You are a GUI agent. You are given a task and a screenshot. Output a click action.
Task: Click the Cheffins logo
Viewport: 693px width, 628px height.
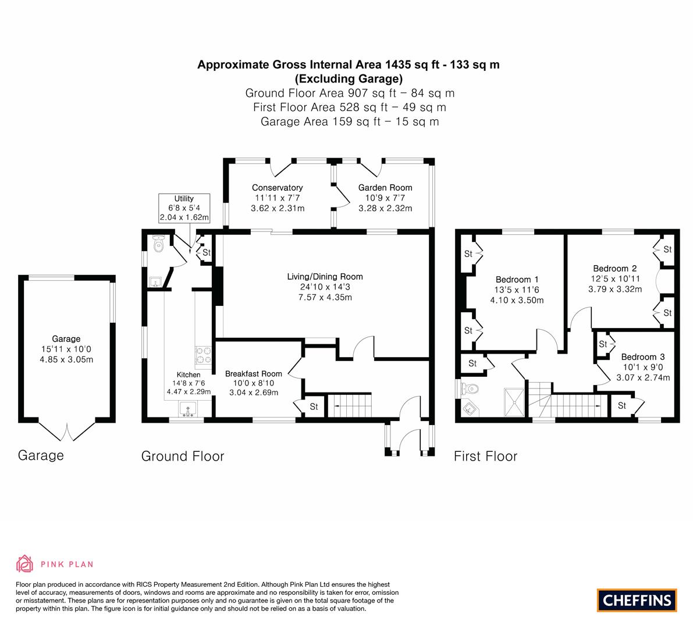(x=637, y=600)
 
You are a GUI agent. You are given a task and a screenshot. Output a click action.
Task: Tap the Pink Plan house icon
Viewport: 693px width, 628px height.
(x=25, y=563)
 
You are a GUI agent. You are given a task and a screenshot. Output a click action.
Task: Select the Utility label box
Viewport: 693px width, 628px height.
(x=184, y=208)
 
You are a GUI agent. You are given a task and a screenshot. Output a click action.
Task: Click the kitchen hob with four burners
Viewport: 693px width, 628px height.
(x=203, y=355)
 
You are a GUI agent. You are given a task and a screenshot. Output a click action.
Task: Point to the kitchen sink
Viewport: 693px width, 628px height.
(x=189, y=409)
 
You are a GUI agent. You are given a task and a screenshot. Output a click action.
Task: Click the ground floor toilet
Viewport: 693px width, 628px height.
(x=159, y=244)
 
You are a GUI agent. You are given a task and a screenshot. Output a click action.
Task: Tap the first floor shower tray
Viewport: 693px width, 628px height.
(x=515, y=402)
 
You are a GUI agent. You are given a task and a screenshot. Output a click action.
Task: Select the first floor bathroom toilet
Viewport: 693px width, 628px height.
(x=469, y=389)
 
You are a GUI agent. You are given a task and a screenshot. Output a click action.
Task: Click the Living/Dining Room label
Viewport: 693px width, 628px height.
(x=325, y=277)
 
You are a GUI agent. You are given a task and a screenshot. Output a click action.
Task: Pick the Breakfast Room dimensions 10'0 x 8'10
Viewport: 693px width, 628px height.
(x=254, y=383)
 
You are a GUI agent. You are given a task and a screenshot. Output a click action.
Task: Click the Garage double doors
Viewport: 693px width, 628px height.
(x=67, y=431)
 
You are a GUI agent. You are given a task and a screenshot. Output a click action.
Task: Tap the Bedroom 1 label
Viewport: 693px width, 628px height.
(x=517, y=280)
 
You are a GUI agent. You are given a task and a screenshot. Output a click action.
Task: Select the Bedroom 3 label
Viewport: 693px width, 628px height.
(x=643, y=357)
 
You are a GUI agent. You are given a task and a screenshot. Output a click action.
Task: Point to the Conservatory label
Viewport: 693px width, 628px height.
(x=278, y=188)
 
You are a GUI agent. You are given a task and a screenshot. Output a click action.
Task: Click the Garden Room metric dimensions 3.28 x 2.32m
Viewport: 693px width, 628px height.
(x=385, y=208)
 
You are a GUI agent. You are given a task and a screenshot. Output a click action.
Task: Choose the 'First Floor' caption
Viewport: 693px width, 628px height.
(x=485, y=456)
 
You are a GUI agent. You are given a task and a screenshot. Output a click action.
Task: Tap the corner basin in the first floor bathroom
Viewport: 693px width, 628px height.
(x=469, y=409)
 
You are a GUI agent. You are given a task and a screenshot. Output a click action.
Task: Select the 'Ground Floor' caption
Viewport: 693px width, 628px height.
(x=183, y=456)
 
